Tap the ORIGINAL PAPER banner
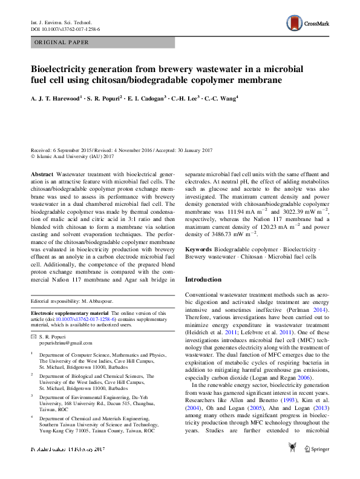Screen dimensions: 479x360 [62, 42]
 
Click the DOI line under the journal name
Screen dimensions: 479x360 [65, 29]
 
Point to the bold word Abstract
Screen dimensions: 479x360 [42, 174]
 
